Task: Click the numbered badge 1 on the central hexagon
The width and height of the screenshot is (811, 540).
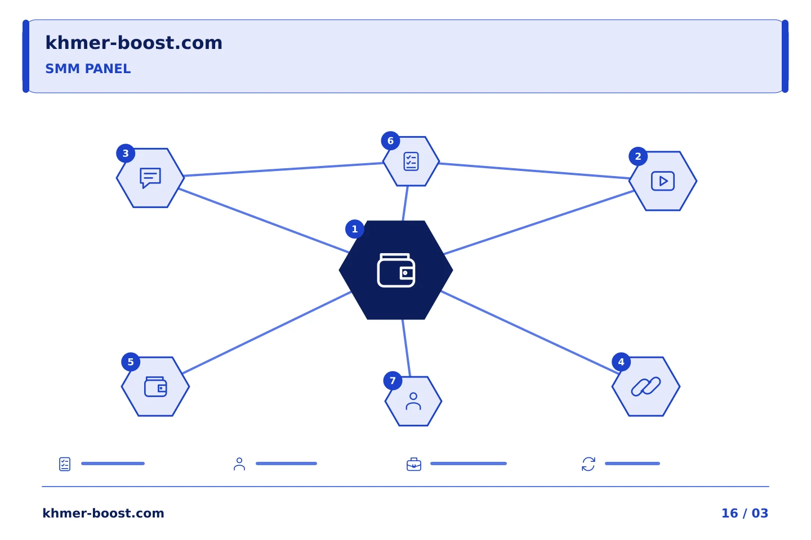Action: point(354,229)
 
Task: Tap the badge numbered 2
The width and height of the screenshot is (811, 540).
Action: point(638,156)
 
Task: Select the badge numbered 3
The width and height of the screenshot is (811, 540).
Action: point(126,154)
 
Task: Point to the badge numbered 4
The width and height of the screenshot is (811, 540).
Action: point(621,362)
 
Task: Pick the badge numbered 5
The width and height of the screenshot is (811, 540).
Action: point(131,362)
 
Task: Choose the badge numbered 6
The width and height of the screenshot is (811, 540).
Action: point(390,141)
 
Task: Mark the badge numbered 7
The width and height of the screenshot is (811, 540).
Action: point(393,380)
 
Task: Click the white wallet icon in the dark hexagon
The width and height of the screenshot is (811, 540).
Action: point(396,270)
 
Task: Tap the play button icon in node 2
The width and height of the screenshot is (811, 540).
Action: point(662,181)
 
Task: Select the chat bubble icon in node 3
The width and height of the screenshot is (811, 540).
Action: point(150,178)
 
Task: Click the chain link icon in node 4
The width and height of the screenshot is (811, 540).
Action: point(646,386)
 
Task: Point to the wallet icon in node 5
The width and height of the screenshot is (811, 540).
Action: point(155,386)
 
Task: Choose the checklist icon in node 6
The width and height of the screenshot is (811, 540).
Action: point(411,161)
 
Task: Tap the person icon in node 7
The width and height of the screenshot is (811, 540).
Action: point(413,401)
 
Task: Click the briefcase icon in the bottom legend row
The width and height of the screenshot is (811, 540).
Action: point(414,464)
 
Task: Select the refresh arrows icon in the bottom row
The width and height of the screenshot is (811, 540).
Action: point(589,464)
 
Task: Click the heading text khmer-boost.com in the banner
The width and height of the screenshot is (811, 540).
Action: point(133,43)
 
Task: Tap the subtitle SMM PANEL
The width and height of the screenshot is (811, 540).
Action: point(88,69)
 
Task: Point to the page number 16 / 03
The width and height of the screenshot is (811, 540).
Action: point(745,513)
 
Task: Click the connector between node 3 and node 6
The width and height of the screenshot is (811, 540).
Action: point(283,170)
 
